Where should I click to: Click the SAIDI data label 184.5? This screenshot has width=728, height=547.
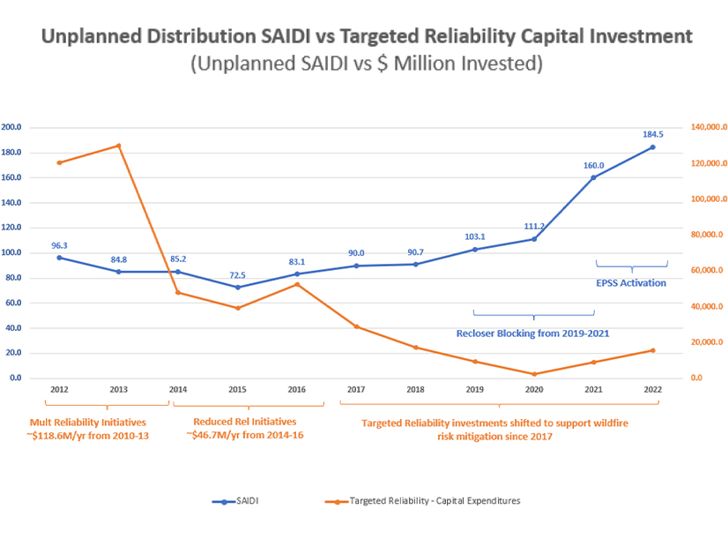653,134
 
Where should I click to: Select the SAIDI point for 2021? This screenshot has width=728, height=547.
593,177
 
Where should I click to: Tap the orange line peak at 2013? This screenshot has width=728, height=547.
118,146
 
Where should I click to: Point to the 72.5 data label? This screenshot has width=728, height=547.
237,274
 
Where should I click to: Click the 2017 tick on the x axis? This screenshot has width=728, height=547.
356,388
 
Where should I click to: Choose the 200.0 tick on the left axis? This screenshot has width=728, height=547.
12,127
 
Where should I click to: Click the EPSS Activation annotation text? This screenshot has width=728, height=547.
632,283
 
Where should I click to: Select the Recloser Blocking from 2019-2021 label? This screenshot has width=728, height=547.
532,333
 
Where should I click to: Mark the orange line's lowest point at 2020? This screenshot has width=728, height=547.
534,374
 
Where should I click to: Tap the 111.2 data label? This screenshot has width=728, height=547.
534,226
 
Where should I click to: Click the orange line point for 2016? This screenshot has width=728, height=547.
297,284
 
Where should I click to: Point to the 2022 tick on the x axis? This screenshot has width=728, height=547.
653,388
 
